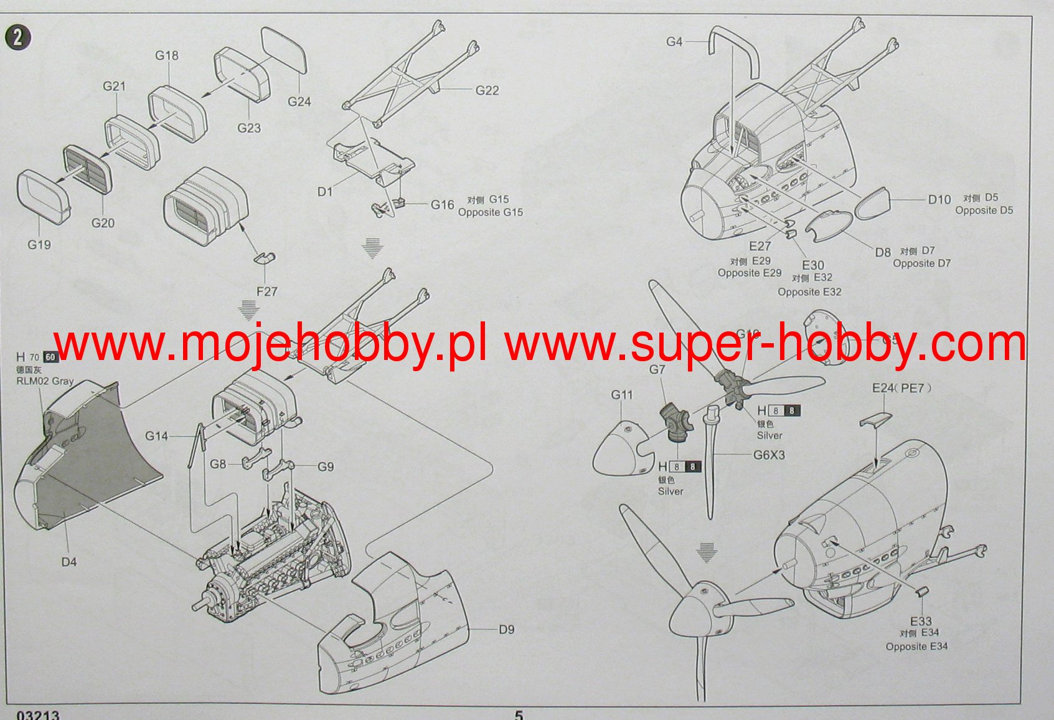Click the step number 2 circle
coord(17,38)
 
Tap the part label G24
coord(299,102)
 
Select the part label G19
coord(39,245)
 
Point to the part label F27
coord(266,291)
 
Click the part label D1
coord(325,192)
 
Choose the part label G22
coord(487,90)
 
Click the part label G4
coord(674,42)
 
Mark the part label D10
coord(939,199)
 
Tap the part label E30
coord(812,265)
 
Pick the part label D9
coord(506,630)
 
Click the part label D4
coord(68,562)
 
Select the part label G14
coord(156,436)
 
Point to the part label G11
coord(621,395)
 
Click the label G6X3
coord(769,455)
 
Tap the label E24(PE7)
coord(901,389)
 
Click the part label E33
coord(921,621)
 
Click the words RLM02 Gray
coord(45,381)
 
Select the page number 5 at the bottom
coord(519,715)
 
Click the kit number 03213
coord(38,715)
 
